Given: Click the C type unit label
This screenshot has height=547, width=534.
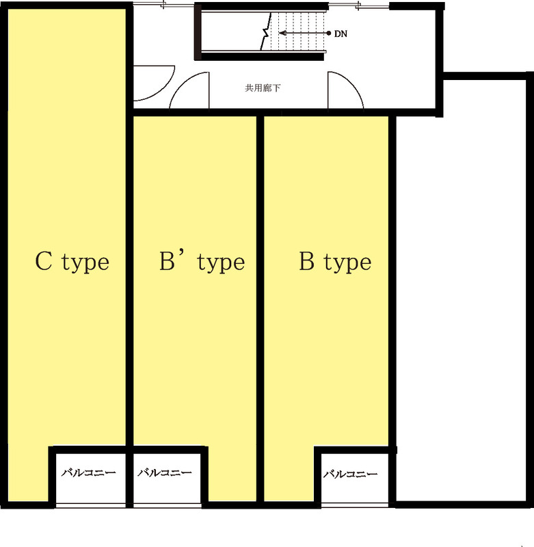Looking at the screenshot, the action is [x=72, y=262].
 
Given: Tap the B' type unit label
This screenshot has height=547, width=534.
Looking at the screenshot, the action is [x=202, y=262].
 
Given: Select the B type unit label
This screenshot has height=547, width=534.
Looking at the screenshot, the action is [x=335, y=262].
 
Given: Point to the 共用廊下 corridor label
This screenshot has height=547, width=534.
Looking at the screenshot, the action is [x=263, y=88].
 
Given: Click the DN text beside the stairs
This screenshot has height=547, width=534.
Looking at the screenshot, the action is [x=341, y=34].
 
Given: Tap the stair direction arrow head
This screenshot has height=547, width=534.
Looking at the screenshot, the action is [x=282, y=33].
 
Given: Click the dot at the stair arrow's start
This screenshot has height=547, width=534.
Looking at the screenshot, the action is [x=329, y=33].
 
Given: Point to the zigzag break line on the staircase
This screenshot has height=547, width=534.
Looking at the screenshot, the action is [x=266, y=32].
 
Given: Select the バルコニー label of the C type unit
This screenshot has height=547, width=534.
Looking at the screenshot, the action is [x=89, y=472].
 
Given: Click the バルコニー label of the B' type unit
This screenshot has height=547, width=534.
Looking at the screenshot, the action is [x=165, y=472].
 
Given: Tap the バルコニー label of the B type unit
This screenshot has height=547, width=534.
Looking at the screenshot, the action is [x=350, y=474].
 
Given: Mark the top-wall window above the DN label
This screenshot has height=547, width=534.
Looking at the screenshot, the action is [x=358, y=5].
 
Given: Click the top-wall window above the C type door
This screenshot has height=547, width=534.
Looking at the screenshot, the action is [x=164, y=4].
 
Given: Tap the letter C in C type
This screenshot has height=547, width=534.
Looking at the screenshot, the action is [x=44, y=261].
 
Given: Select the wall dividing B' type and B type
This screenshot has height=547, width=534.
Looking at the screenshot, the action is [x=261, y=308].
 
